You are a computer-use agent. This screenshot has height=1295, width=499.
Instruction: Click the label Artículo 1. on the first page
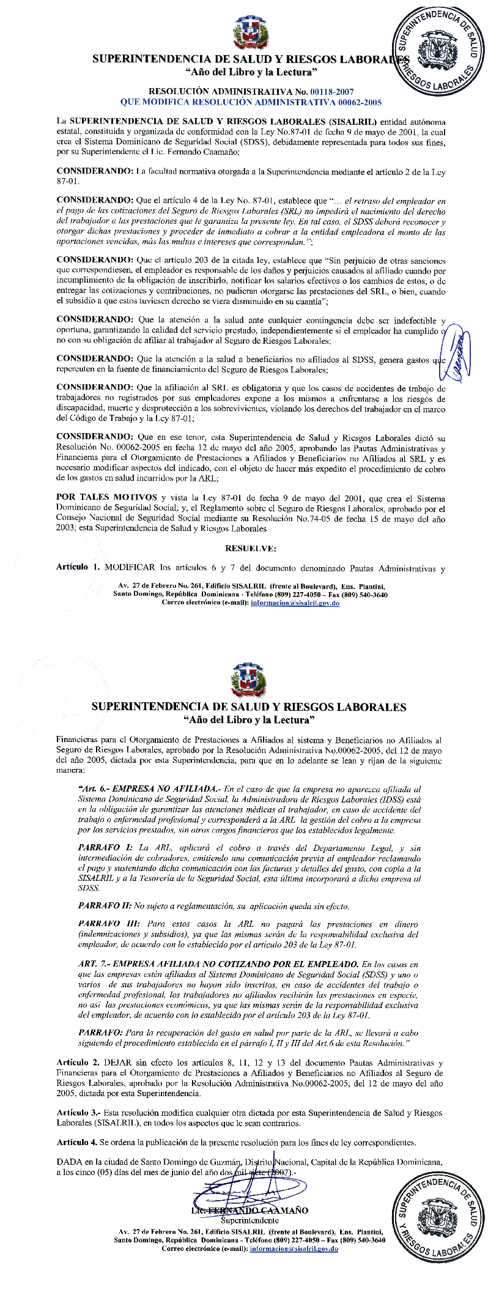(78, 568)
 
